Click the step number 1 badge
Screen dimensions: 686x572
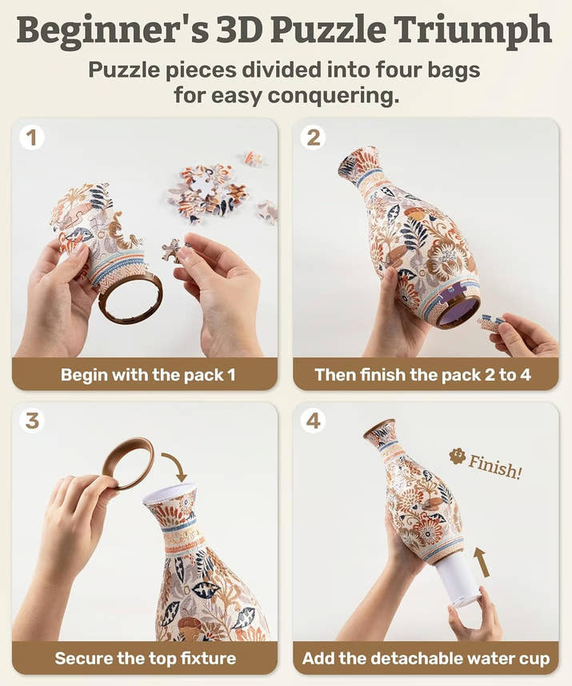tap(31, 138)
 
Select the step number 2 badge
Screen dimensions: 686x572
tap(313, 138)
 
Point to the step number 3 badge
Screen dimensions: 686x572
tap(31, 421)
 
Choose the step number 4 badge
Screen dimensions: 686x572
tap(313, 421)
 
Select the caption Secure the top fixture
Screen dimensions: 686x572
tap(145, 659)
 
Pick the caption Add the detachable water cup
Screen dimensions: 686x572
tap(426, 659)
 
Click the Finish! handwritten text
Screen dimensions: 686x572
tap(494, 465)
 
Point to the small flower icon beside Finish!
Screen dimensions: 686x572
tap(458, 456)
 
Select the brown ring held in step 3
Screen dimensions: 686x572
tap(127, 463)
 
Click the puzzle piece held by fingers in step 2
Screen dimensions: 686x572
tap(490, 323)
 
